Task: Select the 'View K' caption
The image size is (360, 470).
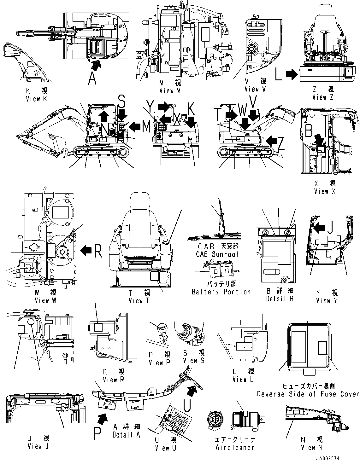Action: [37, 98]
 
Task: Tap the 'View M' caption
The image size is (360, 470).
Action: [170, 90]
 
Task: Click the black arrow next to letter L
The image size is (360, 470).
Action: [291, 74]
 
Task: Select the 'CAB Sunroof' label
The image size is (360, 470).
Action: [217, 254]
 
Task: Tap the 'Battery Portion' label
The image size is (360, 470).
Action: [221, 292]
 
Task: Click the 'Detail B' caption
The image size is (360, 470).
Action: [280, 299]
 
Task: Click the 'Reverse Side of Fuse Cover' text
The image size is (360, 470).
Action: [308, 394]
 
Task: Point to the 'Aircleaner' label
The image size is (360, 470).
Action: [235, 447]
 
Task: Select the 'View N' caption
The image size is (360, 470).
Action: [312, 447]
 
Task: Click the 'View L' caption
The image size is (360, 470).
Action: [243, 380]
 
